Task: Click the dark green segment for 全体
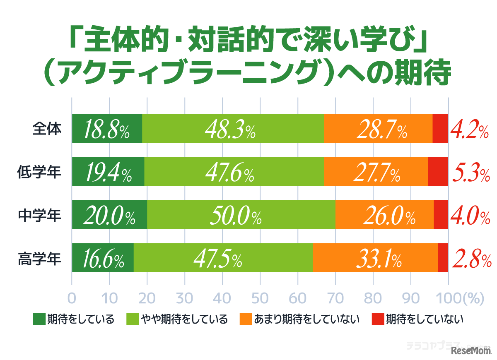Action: pyautogui.click(x=107, y=128)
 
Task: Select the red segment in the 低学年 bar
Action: pyautogui.click(x=438, y=171)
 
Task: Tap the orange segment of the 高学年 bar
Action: pyautogui.click(x=375, y=258)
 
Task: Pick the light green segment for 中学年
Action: pyautogui.click(x=241, y=214)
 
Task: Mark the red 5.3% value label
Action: pyautogui.click(x=470, y=172)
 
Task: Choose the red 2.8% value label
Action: pyautogui.click(x=471, y=259)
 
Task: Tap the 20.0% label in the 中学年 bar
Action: pyautogui.click(x=109, y=215)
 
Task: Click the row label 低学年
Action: pyautogui.click(x=39, y=171)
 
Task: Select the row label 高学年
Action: pyautogui.click(x=39, y=258)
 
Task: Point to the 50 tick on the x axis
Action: pyautogui.click(x=260, y=299)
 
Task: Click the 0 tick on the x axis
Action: pyautogui.click(x=72, y=299)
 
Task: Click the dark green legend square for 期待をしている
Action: pyautogui.click(x=39, y=319)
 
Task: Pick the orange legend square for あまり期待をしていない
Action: pyautogui.click(x=246, y=319)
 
